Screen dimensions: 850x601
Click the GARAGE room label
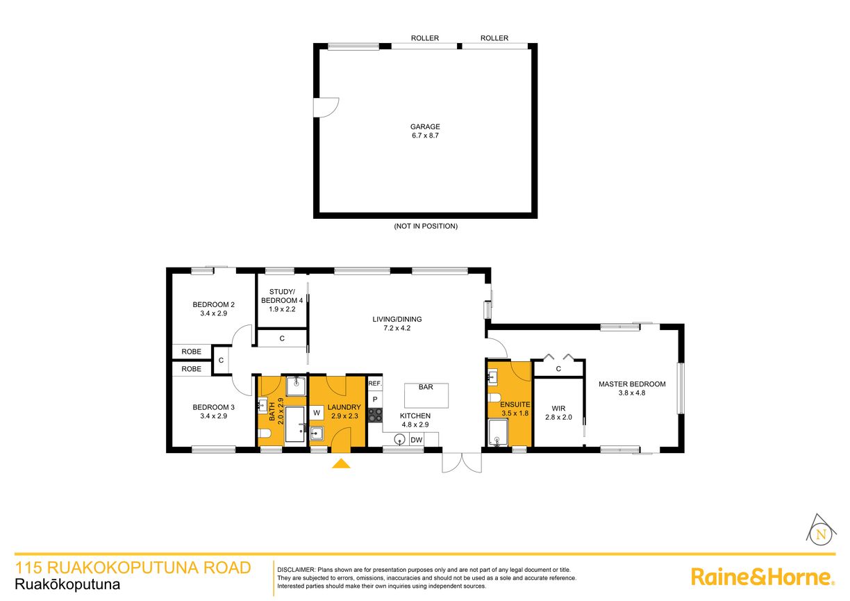coord(425,127)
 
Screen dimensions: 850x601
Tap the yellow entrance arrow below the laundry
coord(341,463)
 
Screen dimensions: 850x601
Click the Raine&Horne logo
coord(762,577)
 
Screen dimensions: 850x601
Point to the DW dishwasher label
coord(416,440)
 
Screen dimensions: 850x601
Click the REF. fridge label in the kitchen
coord(375,384)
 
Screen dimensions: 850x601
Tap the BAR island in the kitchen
coord(426,395)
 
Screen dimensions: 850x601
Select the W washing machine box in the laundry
coord(317,413)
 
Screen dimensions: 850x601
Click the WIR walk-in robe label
coord(558,409)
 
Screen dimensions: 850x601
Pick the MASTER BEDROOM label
coord(632,384)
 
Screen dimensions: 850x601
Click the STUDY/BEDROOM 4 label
coord(282,296)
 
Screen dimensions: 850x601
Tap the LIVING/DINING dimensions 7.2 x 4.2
coord(397,328)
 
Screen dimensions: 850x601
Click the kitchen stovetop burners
coord(375,415)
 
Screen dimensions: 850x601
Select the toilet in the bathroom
coord(264,434)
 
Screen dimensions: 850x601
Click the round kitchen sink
coord(399,440)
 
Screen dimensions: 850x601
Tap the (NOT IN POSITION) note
coord(426,227)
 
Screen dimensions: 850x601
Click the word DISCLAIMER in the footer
coord(297,570)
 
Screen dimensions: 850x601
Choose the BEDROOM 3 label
coord(214,407)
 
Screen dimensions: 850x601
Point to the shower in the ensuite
coord(497,432)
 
